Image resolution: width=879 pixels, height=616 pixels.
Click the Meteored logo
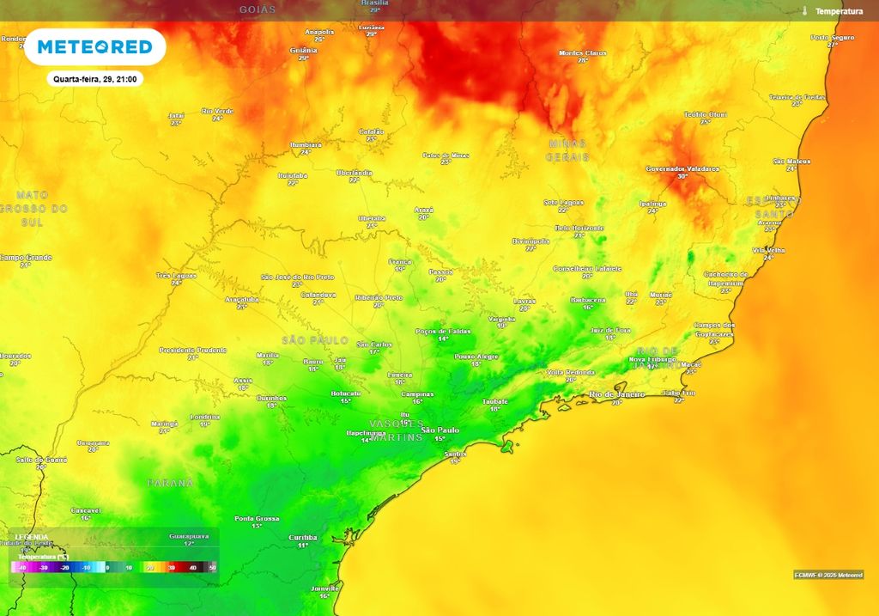tap(94, 46)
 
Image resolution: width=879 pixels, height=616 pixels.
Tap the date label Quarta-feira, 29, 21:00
tap(94, 79)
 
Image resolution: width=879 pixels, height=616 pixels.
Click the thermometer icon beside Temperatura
tap(805, 11)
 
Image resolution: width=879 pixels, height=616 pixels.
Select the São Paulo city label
tap(440, 430)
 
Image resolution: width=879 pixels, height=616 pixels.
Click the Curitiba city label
tap(303, 537)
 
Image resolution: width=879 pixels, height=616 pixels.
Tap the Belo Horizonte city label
tap(579, 228)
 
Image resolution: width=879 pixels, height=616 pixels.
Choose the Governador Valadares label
tap(682, 169)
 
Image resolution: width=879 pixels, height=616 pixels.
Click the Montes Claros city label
tap(583, 53)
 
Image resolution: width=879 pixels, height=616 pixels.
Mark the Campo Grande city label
tap(26, 257)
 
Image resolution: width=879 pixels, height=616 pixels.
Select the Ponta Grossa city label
tap(257, 519)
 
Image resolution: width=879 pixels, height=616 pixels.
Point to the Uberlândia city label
tap(355, 173)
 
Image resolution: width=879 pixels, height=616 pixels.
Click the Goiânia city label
tap(304, 51)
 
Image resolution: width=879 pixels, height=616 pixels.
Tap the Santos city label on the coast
tap(455, 454)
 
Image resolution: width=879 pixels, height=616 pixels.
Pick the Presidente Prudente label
tap(193, 350)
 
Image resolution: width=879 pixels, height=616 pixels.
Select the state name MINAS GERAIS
tap(567, 150)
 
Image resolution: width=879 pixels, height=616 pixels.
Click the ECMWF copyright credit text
tap(828, 575)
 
